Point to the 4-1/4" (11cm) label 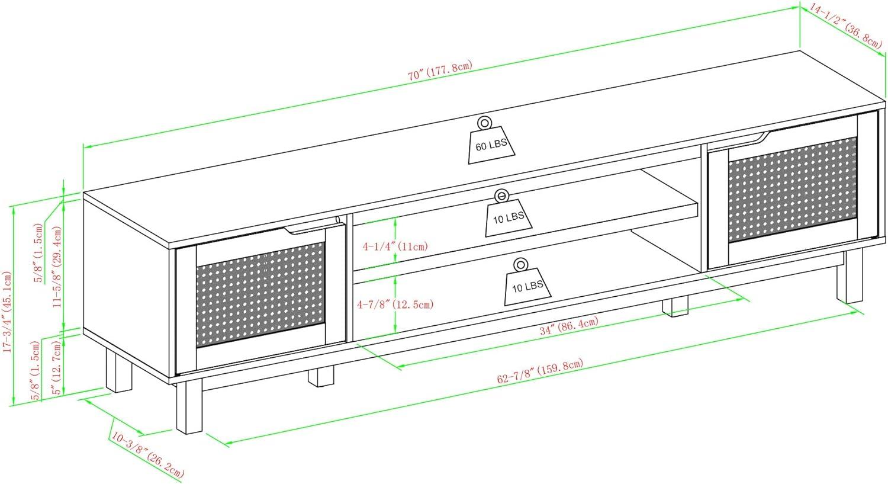(395, 247)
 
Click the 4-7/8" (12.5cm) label (395, 304)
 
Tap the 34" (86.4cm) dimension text (569, 325)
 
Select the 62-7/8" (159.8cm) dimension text (540, 371)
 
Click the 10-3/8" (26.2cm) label (148, 454)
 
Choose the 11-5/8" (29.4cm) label (57, 267)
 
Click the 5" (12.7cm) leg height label (57, 367)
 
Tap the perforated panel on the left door (260, 294)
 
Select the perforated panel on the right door (793, 189)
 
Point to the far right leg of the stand (849, 276)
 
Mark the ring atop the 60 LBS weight (484, 123)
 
